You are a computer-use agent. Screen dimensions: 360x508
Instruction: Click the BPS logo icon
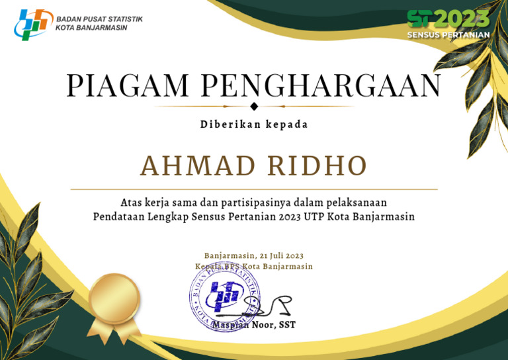coord(33,24)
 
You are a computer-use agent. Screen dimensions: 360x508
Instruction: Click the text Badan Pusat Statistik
coord(99,19)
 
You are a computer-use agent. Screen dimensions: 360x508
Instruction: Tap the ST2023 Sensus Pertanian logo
coord(448,24)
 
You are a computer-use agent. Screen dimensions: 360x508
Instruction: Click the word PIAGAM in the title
coord(128,85)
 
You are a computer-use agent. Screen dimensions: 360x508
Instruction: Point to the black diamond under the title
coord(254,107)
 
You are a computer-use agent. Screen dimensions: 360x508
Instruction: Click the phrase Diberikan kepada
coord(254,124)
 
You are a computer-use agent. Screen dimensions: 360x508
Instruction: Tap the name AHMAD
coord(197,165)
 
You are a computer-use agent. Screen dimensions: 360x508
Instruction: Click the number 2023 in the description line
coord(290,216)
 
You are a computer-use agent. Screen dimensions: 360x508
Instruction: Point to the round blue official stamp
coord(224,296)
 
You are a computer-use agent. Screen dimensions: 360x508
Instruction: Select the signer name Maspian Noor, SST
coord(254,325)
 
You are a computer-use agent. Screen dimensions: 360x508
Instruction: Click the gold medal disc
coord(113,298)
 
